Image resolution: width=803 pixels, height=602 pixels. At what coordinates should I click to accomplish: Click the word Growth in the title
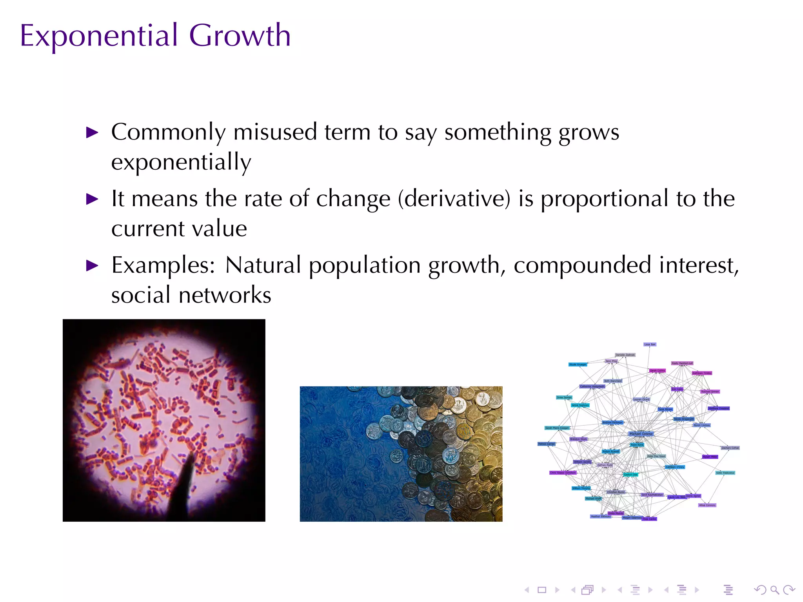pyautogui.click(x=240, y=36)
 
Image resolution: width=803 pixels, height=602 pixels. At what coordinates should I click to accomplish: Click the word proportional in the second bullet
pyautogui.click(x=604, y=199)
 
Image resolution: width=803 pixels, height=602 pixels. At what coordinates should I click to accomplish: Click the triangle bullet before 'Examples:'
pyautogui.click(x=92, y=266)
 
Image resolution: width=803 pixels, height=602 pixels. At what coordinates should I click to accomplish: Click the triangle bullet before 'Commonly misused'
pyautogui.click(x=92, y=132)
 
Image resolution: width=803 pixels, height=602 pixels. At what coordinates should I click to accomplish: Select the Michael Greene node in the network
pyautogui.click(x=641, y=434)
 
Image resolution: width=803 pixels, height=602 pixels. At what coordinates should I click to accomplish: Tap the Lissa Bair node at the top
pyautogui.click(x=650, y=345)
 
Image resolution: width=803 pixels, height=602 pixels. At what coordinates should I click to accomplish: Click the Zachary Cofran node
pyautogui.click(x=730, y=448)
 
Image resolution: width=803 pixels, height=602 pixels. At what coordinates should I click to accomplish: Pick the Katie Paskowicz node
pyautogui.click(x=725, y=473)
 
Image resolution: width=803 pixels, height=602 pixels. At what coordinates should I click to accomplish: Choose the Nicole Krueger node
pyautogui.click(x=578, y=364)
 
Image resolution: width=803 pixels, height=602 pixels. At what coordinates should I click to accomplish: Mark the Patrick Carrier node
pyautogui.click(x=546, y=444)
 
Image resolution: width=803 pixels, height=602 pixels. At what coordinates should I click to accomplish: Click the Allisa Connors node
pyautogui.click(x=707, y=505)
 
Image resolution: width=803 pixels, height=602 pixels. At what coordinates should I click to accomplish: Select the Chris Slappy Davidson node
pyautogui.click(x=563, y=473)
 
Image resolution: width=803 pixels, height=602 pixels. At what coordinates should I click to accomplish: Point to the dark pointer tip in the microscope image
pyautogui.click(x=191, y=457)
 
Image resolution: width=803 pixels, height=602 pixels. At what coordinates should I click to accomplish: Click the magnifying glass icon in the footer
pyautogui.click(x=774, y=590)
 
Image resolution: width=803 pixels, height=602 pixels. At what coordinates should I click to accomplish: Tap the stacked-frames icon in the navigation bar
pyautogui.click(x=587, y=590)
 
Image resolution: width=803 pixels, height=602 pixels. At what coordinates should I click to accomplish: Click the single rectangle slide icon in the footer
pyautogui.click(x=542, y=590)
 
